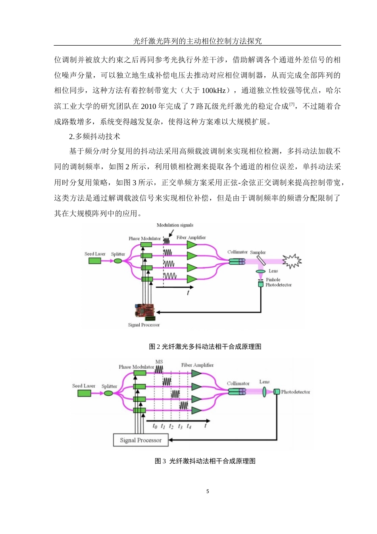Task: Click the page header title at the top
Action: (x=197, y=41)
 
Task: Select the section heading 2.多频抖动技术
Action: (x=94, y=137)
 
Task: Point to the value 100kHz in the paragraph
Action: (x=214, y=91)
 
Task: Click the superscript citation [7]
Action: (x=292, y=104)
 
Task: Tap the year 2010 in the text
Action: (x=148, y=106)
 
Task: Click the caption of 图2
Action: (x=205, y=346)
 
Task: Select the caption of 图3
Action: (x=205, y=461)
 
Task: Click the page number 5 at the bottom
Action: (x=208, y=491)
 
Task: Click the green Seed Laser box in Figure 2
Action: (x=94, y=261)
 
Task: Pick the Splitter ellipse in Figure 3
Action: (x=108, y=393)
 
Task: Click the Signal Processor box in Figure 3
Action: (x=140, y=440)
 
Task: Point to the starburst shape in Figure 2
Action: (x=292, y=261)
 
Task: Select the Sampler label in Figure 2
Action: (x=258, y=252)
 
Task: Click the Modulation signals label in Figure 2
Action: (x=175, y=225)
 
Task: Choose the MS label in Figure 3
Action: (x=159, y=362)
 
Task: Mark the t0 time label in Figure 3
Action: (x=155, y=426)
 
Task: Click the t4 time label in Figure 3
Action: (x=189, y=426)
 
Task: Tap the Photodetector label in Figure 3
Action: (x=295, y=392)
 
